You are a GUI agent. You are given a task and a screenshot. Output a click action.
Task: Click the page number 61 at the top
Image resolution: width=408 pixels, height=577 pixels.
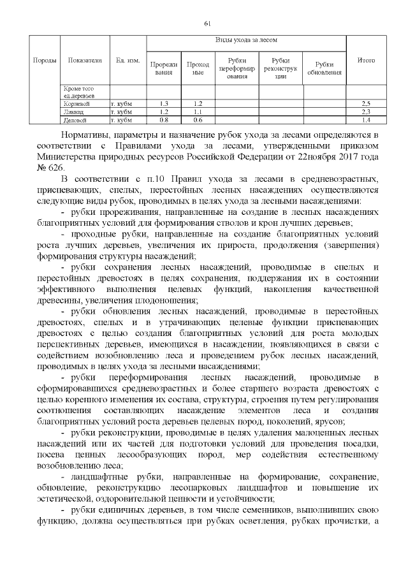(x=207, y=24)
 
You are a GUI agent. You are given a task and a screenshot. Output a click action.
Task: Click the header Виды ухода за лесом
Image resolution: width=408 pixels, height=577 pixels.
(x=246, y=40)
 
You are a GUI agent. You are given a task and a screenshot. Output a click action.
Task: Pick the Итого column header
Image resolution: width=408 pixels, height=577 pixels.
(x=366, y=60)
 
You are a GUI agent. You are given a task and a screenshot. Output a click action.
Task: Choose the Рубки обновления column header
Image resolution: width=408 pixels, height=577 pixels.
(x=324, y=68)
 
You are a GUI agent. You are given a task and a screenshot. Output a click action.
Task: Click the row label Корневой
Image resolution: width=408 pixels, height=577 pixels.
(x=76, y=103)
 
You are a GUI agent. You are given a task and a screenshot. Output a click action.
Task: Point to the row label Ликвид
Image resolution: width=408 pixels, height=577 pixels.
(x=73, y=112)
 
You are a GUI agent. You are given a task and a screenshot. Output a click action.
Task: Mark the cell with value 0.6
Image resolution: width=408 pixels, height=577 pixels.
(x=198, y=120)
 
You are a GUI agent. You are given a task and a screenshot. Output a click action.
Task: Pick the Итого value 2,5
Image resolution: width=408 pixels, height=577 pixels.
(x=366, y=103)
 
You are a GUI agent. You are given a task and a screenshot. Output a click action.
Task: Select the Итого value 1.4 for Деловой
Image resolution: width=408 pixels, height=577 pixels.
(x=366, y=120)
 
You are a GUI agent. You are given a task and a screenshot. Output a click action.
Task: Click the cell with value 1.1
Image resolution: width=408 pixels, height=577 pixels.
(x=198, y=112)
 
